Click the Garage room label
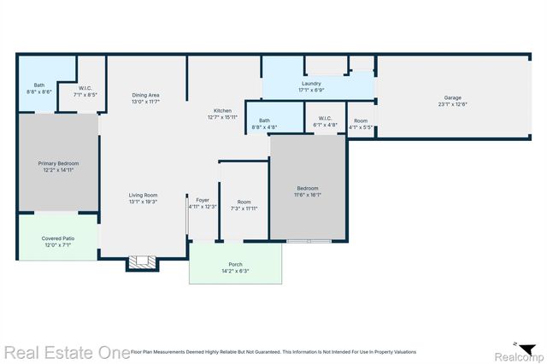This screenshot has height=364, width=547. click(x=453, y=97)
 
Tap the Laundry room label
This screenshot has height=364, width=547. click(x=309, y=84)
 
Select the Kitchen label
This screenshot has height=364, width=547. click(x=222, y=111)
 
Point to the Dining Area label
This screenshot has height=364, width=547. click(x=146, y=95)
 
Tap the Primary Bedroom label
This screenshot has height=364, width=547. click(x=57, y=162)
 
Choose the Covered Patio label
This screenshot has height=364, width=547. click(x=58, y=239)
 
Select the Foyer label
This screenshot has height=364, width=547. click(x=203, y=200)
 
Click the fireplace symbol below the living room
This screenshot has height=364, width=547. click(x=143, y=262)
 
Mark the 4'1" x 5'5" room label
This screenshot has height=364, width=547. click(x=362, y=125)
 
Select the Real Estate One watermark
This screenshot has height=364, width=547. click(x=65, y=351)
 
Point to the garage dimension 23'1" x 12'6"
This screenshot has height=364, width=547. click(x=453, y=103)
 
